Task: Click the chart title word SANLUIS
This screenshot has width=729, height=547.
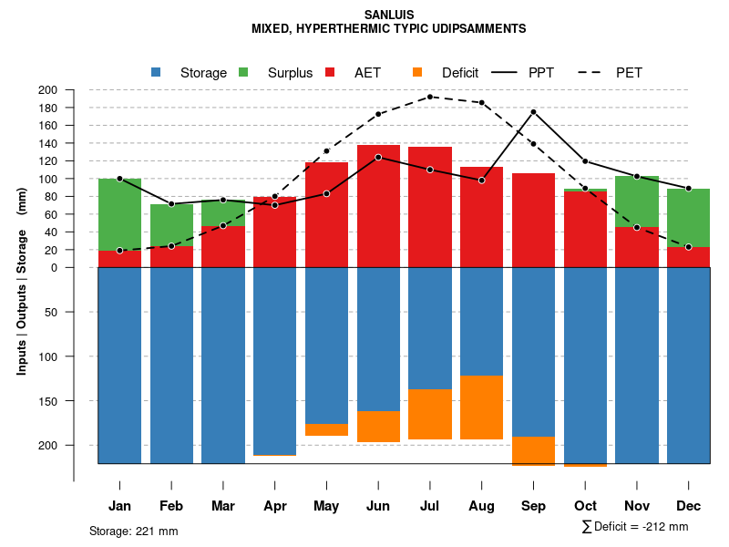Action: [388, 15]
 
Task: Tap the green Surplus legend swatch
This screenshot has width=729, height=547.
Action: [243, 72]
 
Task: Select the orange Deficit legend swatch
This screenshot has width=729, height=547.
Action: [417, 72]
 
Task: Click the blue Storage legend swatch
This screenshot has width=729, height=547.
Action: [156, 72]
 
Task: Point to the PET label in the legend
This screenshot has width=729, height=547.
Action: [629, 73]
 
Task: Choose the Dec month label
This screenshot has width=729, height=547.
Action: [688, 506]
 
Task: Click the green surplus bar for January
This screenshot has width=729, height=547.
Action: [119, 214]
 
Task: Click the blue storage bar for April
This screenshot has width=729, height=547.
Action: [274, 361]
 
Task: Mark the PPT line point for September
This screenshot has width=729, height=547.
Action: [533, 112]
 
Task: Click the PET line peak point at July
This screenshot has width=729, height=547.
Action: [430, 97]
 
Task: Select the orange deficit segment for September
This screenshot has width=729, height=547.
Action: [533, 451]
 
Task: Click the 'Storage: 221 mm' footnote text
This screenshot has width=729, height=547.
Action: [133, 531]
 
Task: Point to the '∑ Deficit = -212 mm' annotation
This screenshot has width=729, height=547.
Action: [634, 527]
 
